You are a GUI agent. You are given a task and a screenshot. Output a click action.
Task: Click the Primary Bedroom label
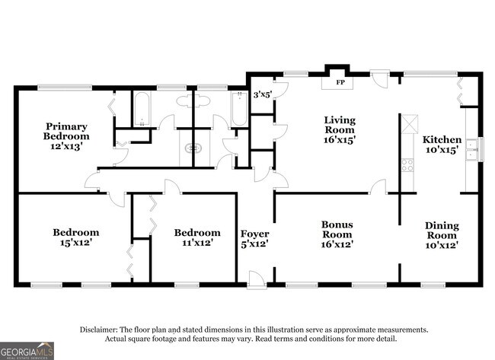click(x=66, y=136)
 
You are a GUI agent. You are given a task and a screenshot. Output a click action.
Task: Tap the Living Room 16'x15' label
click(x=340, y=129)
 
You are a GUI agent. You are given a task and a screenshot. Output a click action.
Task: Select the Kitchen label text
click(x=442, y=139)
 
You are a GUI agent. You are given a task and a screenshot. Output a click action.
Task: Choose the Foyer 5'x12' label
click(x=255, y=239)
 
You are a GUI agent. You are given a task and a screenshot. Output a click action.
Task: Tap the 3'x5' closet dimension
click(x=262, y=94)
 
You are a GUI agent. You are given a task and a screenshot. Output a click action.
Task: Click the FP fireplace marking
click(x=340, y=83)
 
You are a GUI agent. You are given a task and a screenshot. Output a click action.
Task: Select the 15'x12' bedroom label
click(x=75, y=237)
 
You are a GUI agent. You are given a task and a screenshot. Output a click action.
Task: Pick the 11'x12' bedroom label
click(x=197, y=238)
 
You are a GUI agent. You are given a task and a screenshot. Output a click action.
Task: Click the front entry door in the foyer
click(x=257, y=279)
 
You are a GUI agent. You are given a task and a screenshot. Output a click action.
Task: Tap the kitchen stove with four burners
click(x=407, y=165)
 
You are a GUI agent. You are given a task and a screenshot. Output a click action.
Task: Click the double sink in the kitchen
click(x=471, y=149)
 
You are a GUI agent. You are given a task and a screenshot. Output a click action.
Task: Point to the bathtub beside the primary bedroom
click(x=142, y=109)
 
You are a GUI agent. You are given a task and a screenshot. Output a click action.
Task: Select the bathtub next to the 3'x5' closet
click(x=239, y=109)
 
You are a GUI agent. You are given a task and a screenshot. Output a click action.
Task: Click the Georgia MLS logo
click(x=27, y=351)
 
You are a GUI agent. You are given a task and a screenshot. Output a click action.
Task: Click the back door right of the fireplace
click(x=378, y=80)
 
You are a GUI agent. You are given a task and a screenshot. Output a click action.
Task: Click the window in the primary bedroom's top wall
click(x=65, y=88)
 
